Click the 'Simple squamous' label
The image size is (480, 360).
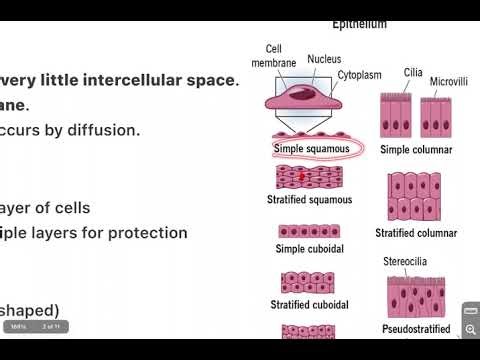[311, 149]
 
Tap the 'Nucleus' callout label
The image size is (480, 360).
[324, 59]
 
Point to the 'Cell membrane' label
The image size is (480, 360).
[278, 56]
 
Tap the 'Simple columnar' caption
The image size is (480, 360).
[416, 150]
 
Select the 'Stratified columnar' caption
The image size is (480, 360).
[416, 233]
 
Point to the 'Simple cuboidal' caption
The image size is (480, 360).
[311, 248]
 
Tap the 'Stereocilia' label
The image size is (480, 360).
[407, 262]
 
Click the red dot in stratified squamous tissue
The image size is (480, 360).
[302, 176]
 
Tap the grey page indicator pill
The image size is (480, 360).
[34, 326]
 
